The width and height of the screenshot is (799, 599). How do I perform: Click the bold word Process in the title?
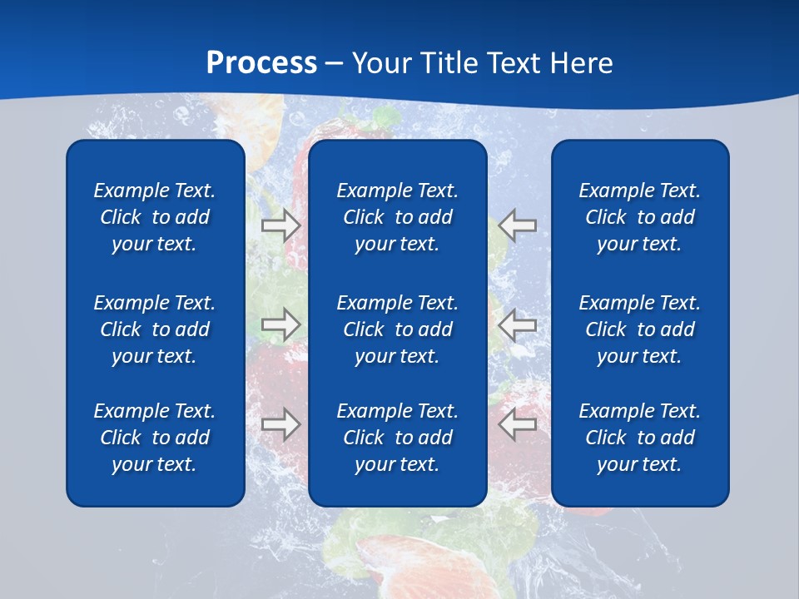261,63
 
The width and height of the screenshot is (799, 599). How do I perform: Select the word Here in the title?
580,63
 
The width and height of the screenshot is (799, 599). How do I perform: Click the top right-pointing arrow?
280,225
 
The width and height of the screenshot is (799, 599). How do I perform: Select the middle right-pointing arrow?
280,324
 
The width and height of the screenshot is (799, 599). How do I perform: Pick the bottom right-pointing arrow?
280,424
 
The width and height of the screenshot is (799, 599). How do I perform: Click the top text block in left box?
155,217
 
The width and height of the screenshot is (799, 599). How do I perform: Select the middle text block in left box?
155,329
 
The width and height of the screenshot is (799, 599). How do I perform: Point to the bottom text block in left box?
155,438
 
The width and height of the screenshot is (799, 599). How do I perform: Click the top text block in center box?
398,217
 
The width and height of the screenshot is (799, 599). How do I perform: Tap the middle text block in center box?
398,329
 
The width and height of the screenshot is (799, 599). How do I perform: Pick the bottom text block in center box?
398,438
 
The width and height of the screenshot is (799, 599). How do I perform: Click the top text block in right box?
640,217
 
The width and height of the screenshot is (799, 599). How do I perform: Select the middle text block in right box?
640,329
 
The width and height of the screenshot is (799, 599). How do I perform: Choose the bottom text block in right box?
640,438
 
